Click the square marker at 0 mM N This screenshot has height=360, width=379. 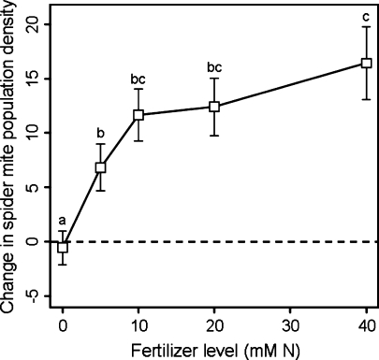click(x=63, y=248)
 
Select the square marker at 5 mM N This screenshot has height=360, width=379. click(x=100, y=167)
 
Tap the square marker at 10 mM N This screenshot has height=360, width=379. click(x=138, y=115)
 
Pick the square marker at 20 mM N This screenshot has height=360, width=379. click(x=214, y=107)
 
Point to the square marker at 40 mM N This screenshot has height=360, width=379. click(x=366, y=63)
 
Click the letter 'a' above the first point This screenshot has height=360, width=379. click(x=63, y=221)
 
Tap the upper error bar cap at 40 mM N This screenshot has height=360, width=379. click(x=366, y=27)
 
